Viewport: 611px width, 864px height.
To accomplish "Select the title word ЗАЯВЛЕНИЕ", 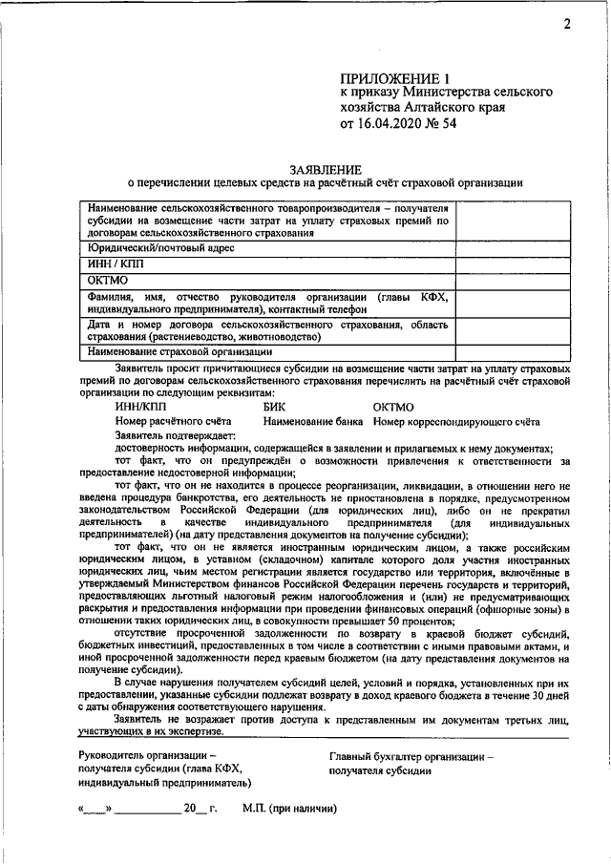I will pyautogui.click(x=326, y=168).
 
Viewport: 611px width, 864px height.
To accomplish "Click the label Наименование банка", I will pyautogui.click(x=315, y=421).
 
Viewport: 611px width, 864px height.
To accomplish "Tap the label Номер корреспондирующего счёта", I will pyautogui.click(x=456, y=421).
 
